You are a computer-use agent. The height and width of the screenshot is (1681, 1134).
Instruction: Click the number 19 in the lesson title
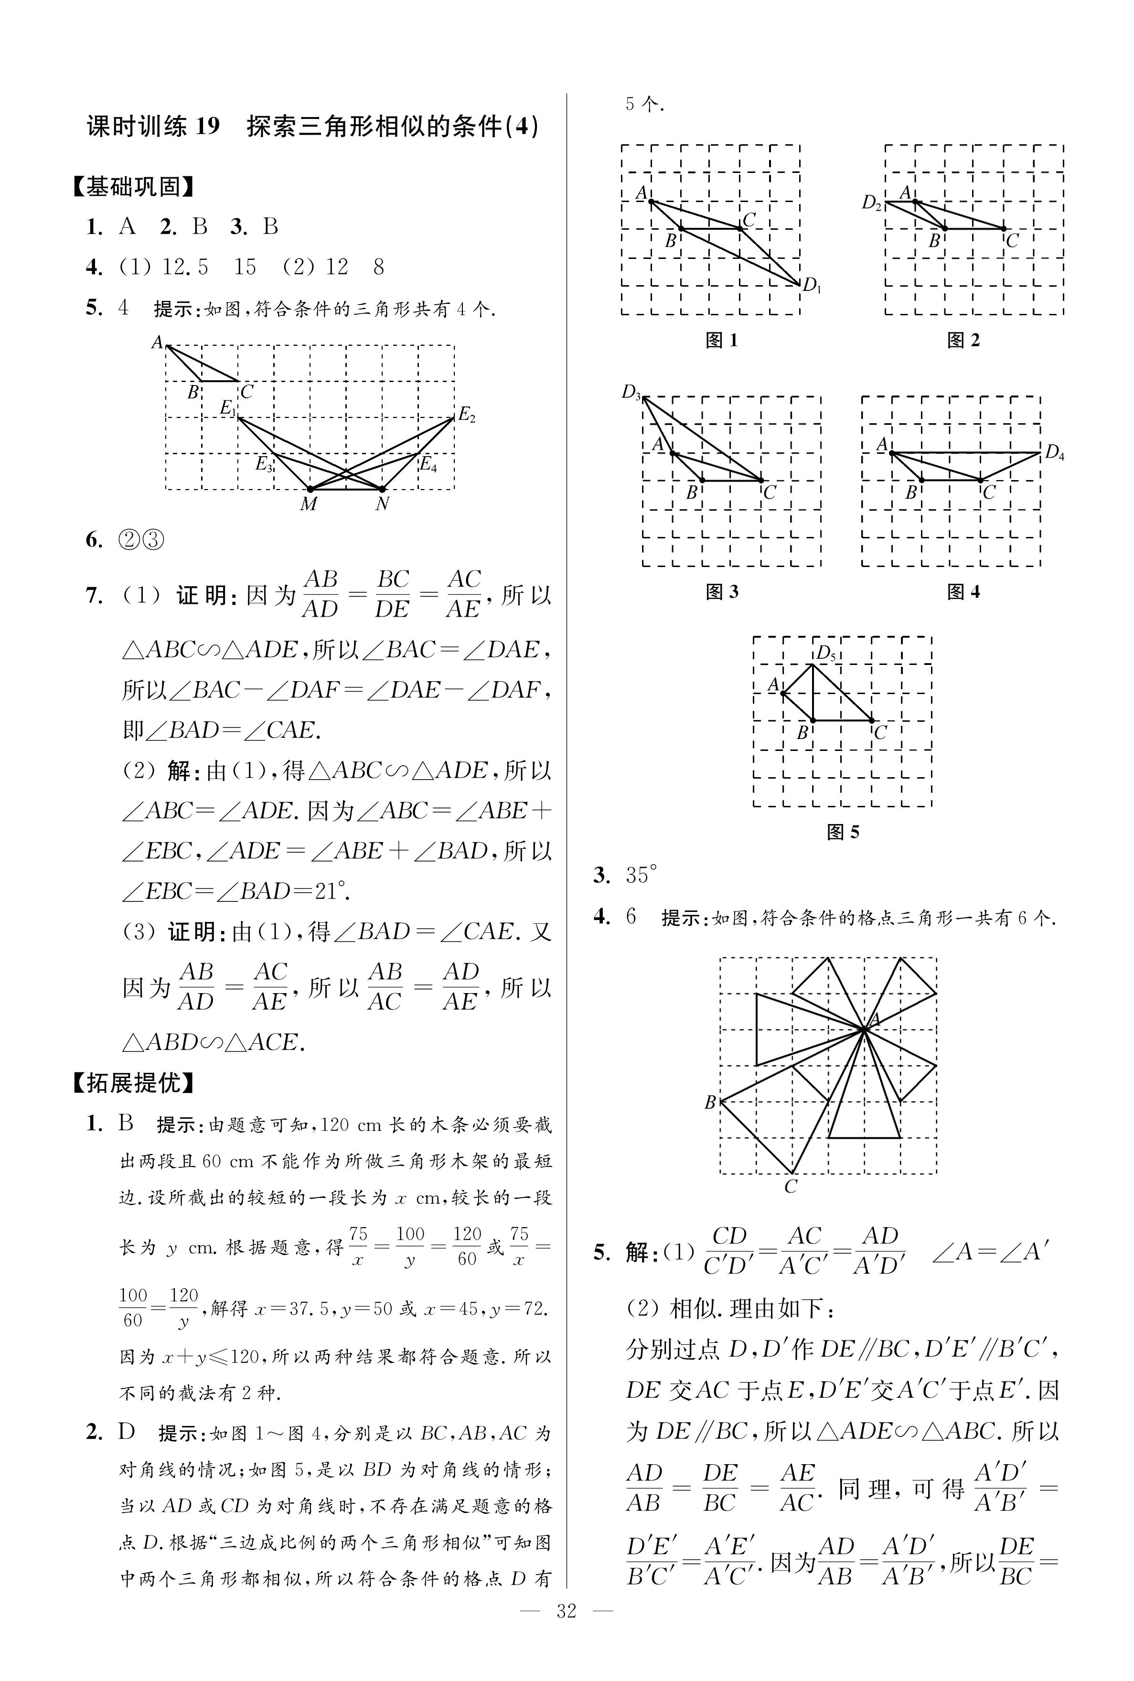(x=206, y=127)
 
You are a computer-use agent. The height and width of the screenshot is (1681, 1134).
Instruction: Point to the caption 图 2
(x=963, y=341)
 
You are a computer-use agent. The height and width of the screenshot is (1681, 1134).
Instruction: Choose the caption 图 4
(x=963, y=592)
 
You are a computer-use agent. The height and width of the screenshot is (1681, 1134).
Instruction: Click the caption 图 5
(x=843, y=832)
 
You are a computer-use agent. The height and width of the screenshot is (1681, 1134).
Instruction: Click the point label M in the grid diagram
(x=309, y=504)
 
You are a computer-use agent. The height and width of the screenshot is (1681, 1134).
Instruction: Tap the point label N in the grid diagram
(x=382, y=504)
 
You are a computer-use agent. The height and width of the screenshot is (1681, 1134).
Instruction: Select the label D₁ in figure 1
(x=812, y=286)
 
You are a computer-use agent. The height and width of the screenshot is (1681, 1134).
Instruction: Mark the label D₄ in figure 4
(x=1054, y=453)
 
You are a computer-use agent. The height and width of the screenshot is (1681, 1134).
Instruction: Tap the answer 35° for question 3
(x=642, y=876)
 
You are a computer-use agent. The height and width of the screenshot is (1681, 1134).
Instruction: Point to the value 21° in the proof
(x=331, y=891)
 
